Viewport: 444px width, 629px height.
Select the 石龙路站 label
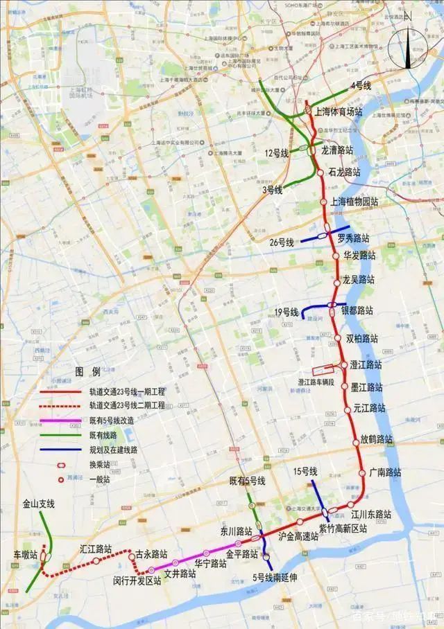[x=344, y=172]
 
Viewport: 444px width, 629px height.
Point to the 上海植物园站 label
[x=355, y=202]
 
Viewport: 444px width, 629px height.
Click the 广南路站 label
[x=385, y=472]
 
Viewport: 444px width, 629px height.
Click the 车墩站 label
[x=26, y=556]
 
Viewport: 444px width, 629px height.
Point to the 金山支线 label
[x=38, y=504]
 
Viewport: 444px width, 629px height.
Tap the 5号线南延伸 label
[x=275, y=577]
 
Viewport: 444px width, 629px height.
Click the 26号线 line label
[x=282, y=242]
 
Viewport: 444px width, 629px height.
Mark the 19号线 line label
[x=285, y=313]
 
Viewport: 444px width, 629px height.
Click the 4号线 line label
[x=361, y=85]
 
